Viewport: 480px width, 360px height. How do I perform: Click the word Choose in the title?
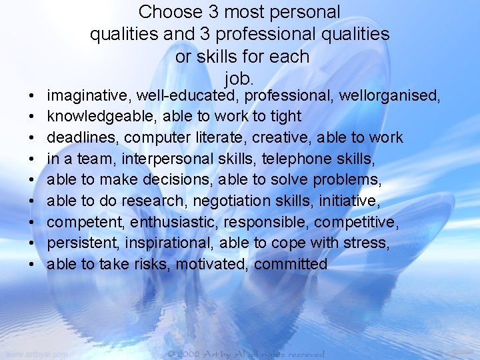pyautogui.click(x=169, y=12)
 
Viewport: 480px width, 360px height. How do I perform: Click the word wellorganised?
pyautogui.click(x=389, y=96)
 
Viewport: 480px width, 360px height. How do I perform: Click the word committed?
pyautogui.click(x=291, y=264)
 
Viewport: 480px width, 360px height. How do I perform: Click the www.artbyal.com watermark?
pyautogui.click(x=36, y=354)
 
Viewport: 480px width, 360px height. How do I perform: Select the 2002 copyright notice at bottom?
pyautogui.click(x=246, y=354)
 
